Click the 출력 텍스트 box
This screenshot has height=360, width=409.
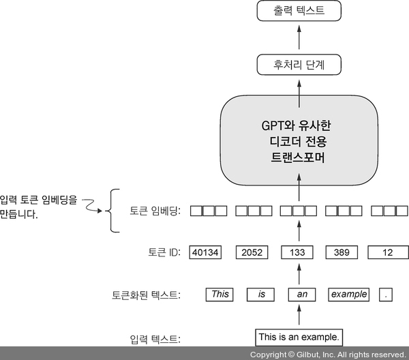click(298, 11)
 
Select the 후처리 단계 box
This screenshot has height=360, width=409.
click(298, 66)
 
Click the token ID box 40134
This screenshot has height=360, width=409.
click(205, 252)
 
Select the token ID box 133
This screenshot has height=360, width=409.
click(298, 252)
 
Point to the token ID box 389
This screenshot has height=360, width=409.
click(343, 252)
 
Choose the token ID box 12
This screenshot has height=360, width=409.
click(387, 252)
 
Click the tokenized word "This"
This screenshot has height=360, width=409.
click(220, 295)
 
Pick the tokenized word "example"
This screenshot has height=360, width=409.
click(349, 295)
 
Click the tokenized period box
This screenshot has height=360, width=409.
click(387, 295)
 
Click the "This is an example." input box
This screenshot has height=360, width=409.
click(298, 337)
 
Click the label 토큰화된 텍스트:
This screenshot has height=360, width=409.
click(147, 295)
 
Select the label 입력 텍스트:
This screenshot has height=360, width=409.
click(155, 337)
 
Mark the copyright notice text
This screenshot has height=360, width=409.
click(327, 355)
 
